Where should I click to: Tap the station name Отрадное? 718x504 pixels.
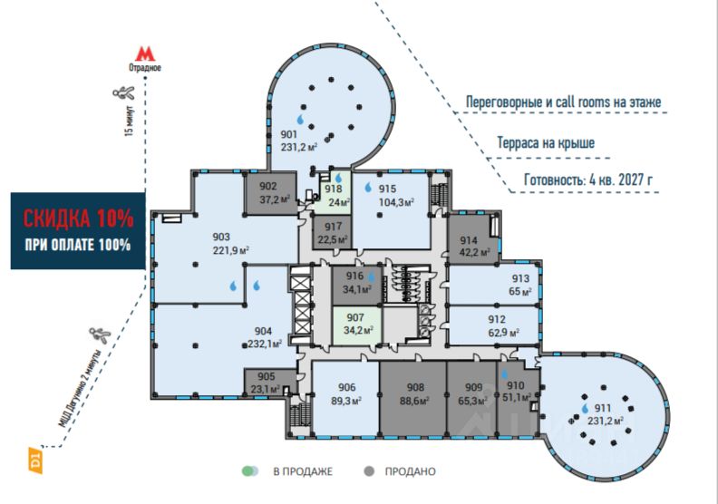(145, 68)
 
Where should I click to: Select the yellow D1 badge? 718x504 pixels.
(35, 460)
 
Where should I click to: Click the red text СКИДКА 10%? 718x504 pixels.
(78, 218)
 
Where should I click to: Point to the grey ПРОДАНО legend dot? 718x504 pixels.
(369, 471)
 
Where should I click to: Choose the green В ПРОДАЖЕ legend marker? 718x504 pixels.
(250, 471)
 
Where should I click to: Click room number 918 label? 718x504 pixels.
(334, 189)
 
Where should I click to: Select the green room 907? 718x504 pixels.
(356, 325)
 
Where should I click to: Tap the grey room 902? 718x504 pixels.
(270, 193)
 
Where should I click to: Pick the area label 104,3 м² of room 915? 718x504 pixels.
(396, 202)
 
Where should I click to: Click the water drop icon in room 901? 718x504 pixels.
(300, 120)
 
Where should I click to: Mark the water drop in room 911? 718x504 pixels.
(585, 408)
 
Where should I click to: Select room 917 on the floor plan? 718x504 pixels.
(333, 232)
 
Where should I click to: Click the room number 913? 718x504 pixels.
(520, 278)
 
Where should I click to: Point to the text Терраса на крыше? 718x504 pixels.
(546, 143)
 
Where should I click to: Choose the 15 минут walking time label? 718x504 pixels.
(130, 121)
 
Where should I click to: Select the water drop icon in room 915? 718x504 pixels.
(368, 188)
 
